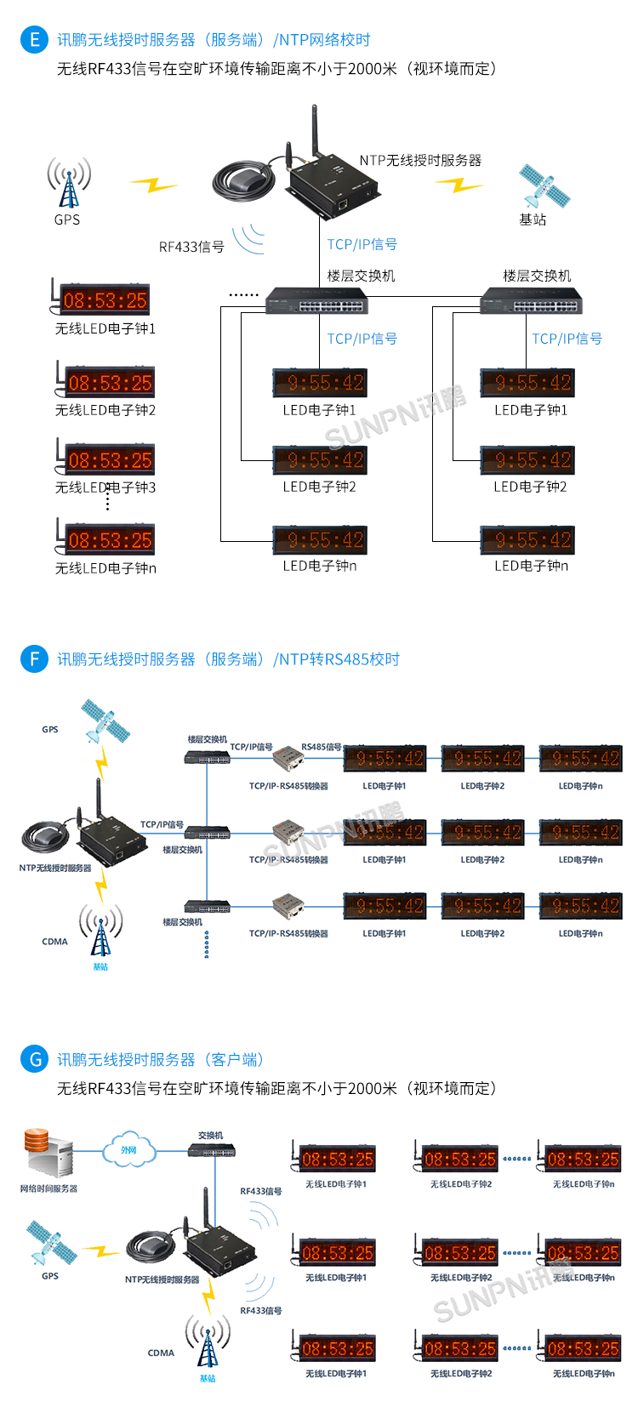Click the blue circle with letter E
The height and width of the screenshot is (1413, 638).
34,40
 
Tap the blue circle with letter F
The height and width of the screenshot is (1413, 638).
34,659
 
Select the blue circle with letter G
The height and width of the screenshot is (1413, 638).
34,1059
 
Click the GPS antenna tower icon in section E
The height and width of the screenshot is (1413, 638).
68,182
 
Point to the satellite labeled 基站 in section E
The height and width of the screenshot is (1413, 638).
544,186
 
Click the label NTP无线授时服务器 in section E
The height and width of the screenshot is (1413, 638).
420,160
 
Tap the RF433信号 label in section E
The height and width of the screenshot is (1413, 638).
191,247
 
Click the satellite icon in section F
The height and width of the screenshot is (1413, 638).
105,721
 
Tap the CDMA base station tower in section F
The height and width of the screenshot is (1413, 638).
100,931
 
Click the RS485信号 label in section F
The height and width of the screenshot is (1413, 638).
322,747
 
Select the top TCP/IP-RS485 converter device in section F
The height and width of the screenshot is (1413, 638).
288,759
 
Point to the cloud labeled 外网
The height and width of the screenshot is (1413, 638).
128,1150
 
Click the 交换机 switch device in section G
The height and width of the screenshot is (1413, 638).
212,1151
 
